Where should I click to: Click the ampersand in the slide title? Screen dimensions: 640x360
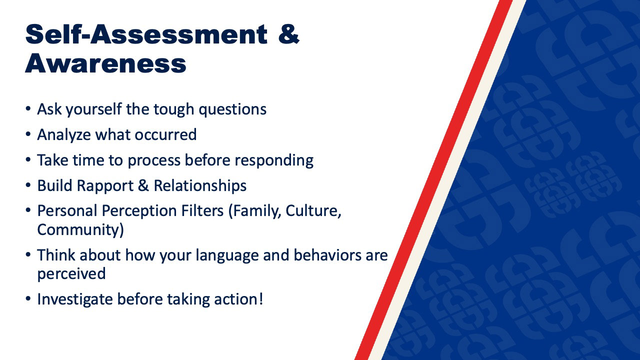tap(289, 34)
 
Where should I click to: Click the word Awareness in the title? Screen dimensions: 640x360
tap(105, 63)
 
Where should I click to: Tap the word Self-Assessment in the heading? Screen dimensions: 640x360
tap(146, 34)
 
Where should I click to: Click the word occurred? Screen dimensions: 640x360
tap(165, 134)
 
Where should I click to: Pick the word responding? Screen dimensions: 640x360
tap(274, 160)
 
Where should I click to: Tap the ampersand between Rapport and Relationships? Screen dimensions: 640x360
tap(143, 185)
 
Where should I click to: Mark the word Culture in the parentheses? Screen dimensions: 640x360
tap(313, 211)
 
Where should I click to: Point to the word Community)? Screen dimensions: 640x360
tap(80, 229)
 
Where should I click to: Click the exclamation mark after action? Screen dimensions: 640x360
tap(260, 299)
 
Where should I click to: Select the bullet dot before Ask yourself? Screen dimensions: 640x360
tap(27, 108)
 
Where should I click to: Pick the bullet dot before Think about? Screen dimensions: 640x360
tap(27, 254)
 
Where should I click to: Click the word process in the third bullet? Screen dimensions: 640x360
tap(154, 160)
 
